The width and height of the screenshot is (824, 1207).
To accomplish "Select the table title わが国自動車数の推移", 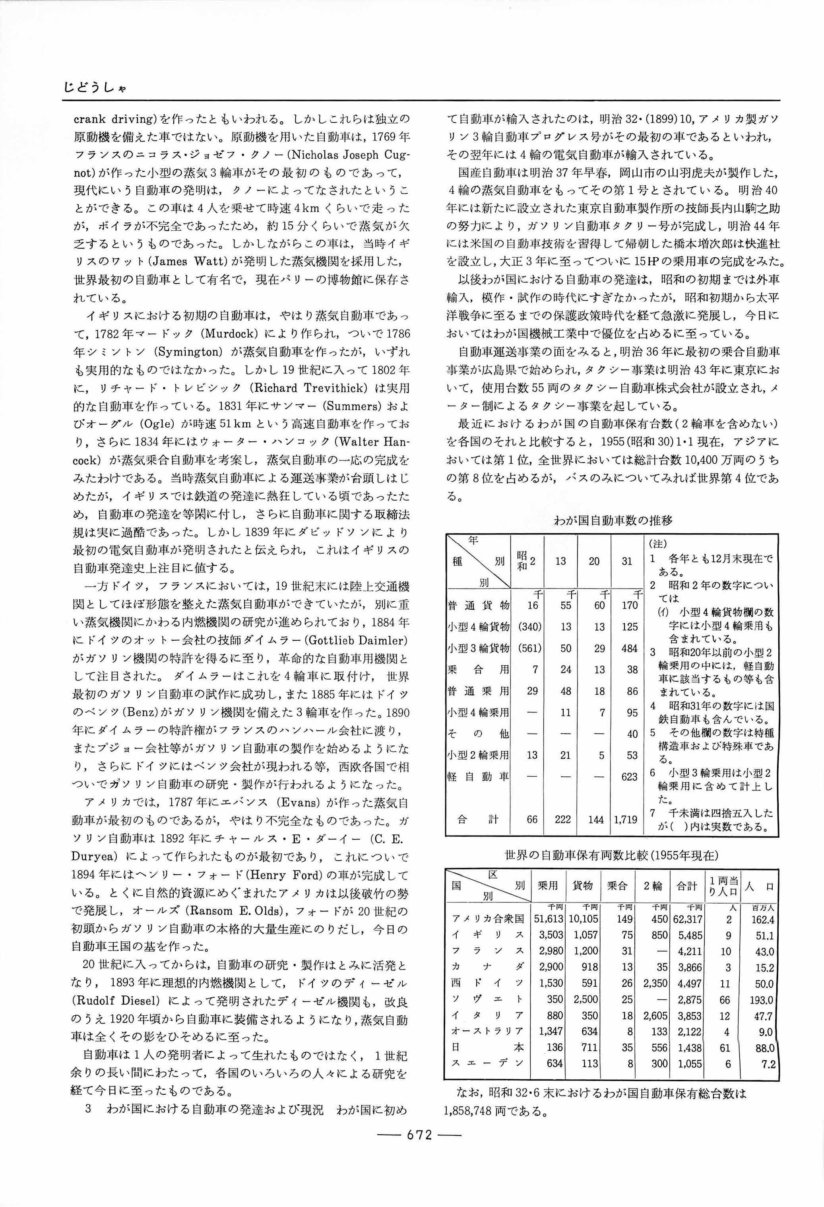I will pyautogui.click(x=613, y=520).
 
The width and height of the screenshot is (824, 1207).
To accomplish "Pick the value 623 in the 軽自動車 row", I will pyautogui.click(x=629, y=776).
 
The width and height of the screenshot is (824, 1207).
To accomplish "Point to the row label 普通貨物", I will pyautogui.click(x=478, y=605).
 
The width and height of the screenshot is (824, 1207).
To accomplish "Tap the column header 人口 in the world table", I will pyautogui.click(x=761, y=886).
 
